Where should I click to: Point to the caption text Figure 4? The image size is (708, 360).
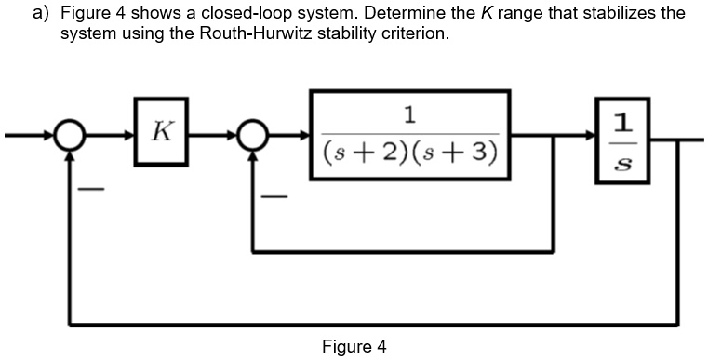354,347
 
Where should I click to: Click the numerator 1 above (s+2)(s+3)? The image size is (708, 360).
410,114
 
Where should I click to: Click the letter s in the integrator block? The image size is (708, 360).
625,164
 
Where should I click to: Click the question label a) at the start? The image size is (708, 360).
40,13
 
